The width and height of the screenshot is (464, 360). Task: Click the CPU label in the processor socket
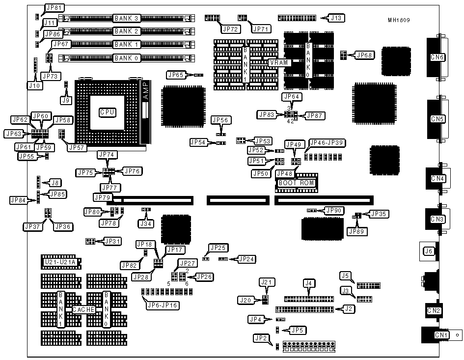[x=107, y=112]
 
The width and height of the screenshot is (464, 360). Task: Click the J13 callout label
[x=337, y=18]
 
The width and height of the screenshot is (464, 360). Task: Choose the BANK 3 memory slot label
[x=127, y=18]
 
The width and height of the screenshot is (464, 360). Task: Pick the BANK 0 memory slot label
[x=127, y=58]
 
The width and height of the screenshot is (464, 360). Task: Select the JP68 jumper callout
[x=364, y=55]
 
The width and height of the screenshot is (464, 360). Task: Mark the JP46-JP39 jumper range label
[x=326, y=142]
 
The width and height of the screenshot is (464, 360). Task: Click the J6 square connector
[x=428, y=251]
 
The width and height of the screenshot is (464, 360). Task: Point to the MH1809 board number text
[x=398, y=20]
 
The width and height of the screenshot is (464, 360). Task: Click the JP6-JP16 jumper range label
[x=163, y=305]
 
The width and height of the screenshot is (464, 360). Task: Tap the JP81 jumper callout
[x=54, y=8]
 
